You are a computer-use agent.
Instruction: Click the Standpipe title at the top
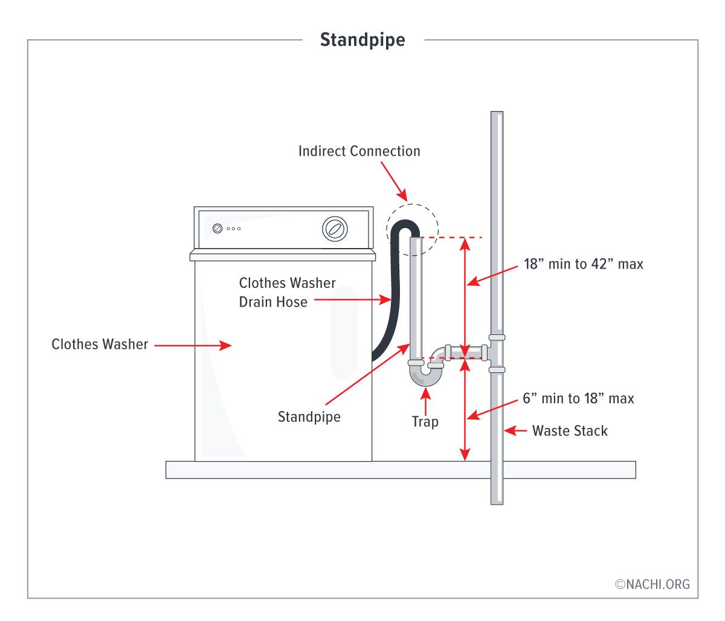(362, 40)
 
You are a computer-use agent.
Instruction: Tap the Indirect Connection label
(359, 151)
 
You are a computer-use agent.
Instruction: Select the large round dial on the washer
(335, 229)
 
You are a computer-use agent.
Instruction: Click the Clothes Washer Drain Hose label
(287, 292)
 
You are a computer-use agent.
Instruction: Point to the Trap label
(425, 421)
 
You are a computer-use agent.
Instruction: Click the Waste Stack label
(570, 431)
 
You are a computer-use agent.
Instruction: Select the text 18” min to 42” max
(583, 264)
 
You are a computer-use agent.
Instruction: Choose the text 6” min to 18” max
(578, 398)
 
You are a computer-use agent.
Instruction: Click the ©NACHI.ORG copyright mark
(652, 584)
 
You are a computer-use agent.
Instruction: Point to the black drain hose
(396, 290)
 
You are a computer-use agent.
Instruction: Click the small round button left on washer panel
(217, 229)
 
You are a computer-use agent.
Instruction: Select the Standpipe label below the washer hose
(309, 417)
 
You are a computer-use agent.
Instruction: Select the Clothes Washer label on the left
(100, 344)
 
